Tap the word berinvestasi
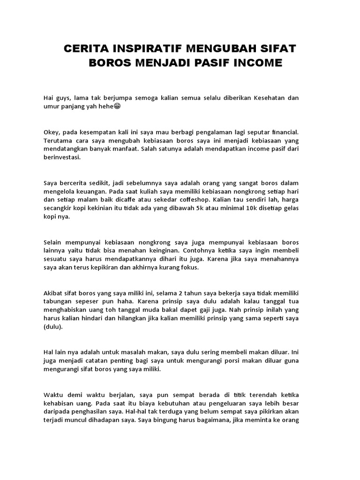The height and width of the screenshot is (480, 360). [62, 157]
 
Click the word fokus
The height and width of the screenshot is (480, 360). [188, 268]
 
